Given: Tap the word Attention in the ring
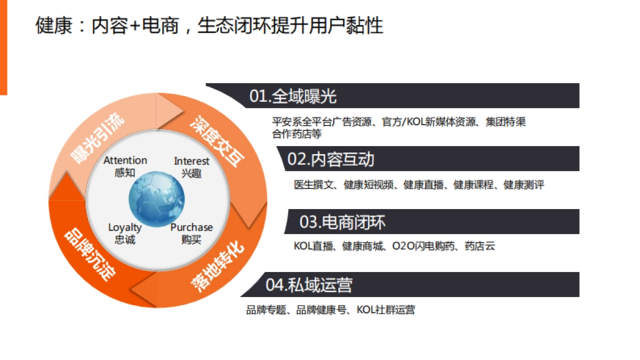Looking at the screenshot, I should click(125, 160).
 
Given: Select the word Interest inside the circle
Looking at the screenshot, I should click(191, 161).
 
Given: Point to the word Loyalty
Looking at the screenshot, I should click(125, 227).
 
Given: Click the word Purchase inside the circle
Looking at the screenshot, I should click(191, 227).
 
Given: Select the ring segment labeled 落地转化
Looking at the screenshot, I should click(218, 265).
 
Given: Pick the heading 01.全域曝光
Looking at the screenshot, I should click(293, 96).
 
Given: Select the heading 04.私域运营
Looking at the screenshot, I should click(309, 285).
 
